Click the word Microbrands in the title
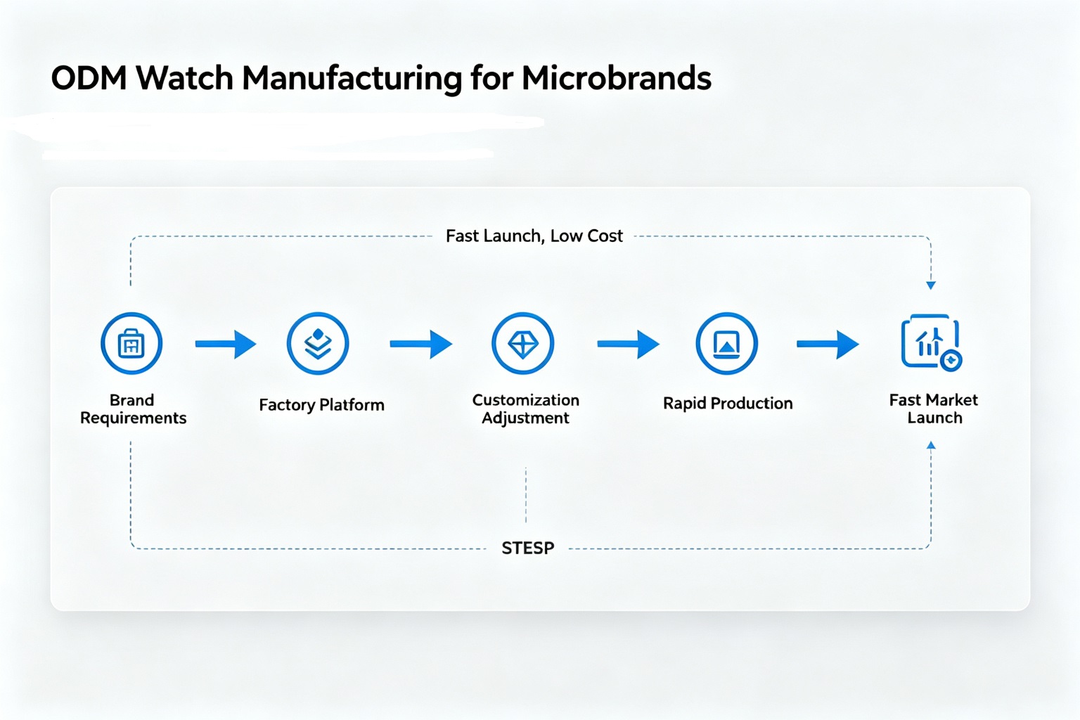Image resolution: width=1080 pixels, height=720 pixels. pos(616,77)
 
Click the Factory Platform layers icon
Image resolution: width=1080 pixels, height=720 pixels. pos(318,343)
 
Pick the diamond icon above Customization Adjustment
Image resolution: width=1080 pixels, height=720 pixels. pos(523,343)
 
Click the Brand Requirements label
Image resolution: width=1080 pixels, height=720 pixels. pos(133,409)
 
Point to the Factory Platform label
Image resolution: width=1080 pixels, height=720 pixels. pos(321,404)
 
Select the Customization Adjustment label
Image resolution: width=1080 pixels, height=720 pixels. pos(525,409)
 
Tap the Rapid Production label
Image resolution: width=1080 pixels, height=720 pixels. pos(728,403)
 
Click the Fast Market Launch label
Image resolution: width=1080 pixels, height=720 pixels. pos(934,409)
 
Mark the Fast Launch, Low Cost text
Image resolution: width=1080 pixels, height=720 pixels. pos(534,236)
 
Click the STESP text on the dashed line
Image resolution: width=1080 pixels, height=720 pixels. pos(528,548)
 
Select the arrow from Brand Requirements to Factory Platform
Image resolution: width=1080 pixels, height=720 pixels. pos(226,344)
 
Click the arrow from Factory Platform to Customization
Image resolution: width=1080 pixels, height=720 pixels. pos(421,344)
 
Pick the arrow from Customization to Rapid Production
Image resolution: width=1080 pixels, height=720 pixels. pos(628,344)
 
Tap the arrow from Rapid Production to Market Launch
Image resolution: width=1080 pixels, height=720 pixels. pos(828,344)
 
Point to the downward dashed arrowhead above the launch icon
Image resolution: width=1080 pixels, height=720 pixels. pos(931,285)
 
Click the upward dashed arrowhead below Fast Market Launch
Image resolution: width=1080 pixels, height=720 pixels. pos(931,445)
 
